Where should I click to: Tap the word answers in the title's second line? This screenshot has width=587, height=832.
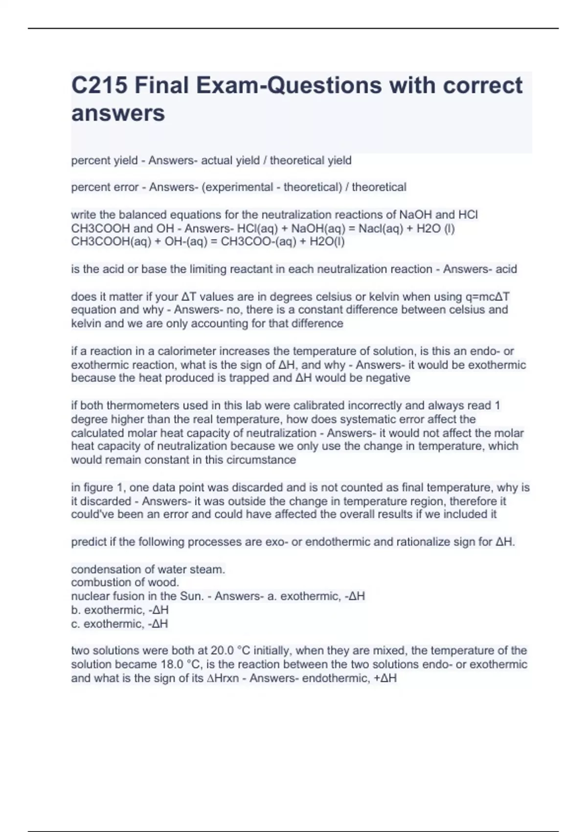pyautogui.click(x=118, y=114)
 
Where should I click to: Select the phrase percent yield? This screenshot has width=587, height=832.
pyautogui.click(x=104, y=161)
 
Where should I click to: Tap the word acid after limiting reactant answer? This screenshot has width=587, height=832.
pyautogui.click(x=506, y=269)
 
